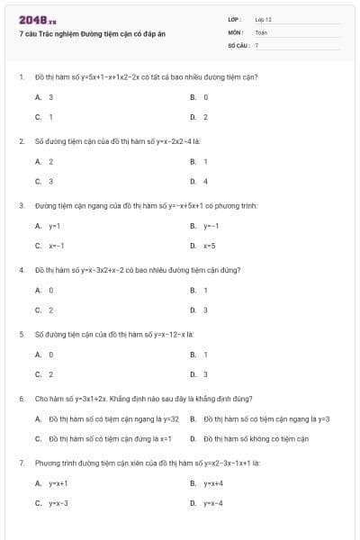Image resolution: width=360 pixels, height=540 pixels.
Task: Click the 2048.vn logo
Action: point(36,19)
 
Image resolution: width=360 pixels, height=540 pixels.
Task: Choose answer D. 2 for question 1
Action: point(199,117)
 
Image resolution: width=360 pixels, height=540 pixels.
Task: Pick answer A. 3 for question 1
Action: point(44,96)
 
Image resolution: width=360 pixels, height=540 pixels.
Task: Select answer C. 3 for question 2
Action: point(44,181)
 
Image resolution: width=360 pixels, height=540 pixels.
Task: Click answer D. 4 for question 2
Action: point(199,181)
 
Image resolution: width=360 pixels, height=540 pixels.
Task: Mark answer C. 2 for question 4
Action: point(44,310)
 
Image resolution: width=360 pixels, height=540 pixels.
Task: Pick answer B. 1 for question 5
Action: point(199,355)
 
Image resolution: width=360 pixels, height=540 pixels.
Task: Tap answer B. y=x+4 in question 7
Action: point(206,483)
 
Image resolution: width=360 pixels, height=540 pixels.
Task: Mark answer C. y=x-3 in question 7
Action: point(51,503)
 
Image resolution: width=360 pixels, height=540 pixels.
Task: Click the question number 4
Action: point(21,269)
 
